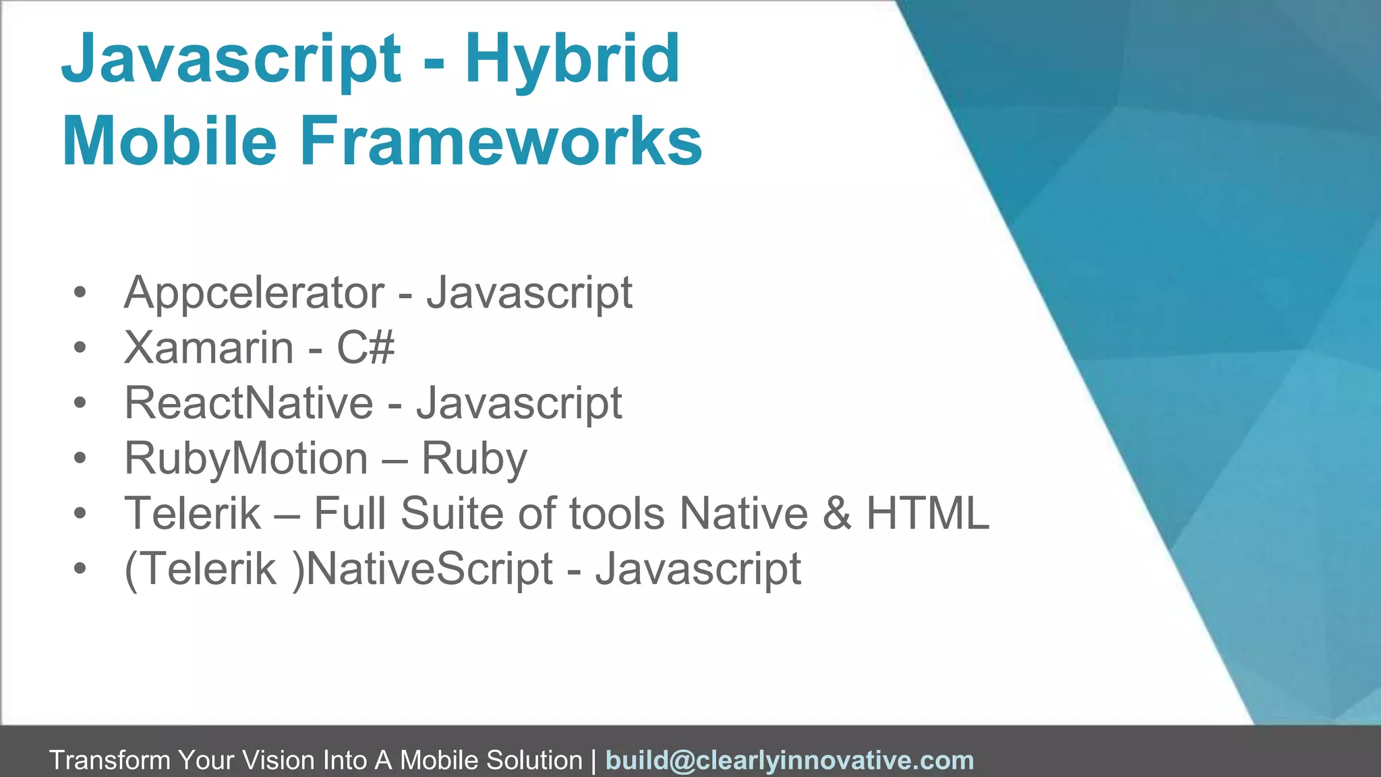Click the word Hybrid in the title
[572, 61]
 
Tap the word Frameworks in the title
[501, 142]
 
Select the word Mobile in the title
[169, 142]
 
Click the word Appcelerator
[254, 293]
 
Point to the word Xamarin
[209, 349]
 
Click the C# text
[365, 349]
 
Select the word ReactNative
[249, 403]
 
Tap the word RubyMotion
[246, 459]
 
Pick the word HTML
[927, 514]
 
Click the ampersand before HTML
[837, 514]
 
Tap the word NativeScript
[430, 569]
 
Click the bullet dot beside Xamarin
[80, 349]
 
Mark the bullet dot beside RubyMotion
[80, 459]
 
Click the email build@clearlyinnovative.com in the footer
[790, 761]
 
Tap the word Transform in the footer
[110, 761]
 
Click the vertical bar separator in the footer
[593, 761]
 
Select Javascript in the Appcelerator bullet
[529, 293]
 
